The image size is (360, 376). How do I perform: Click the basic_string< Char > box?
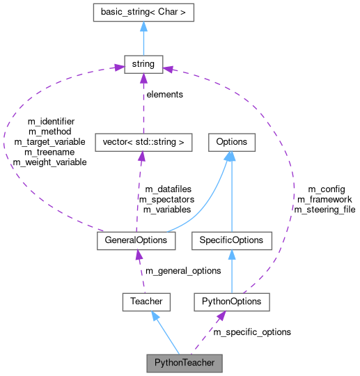pyautogui.click(x=143, y=12)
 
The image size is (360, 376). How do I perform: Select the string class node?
pyautogui.click(x=143, y=65)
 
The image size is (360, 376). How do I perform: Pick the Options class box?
pyautogui.click(x=231, y=142)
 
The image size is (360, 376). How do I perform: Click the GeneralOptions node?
pyautogui.click(x=136, y=240)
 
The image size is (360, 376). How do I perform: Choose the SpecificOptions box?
pyautogui.click(x=231, y=240)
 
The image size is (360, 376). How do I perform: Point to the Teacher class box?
pyautogui.click(x=146, y=301)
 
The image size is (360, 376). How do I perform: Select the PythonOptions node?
pyautogui.click(x=231, y=301)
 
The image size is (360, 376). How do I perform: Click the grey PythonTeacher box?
pyautogui.click(x=185, y=363)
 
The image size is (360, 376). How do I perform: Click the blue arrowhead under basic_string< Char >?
pyautogui.click(x=143, y=26)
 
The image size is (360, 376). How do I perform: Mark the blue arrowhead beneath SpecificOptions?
pyautogui.click(x=231, y=255)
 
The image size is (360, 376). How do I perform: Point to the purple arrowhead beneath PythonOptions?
pyautogui.click(x=221, y=316)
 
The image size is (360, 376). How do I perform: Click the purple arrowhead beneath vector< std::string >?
pyautogui.click(x=141, y=157)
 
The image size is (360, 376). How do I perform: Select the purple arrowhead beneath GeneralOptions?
pyautogui.click(x=139, y=255)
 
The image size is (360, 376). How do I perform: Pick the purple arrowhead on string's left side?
pyautogui.click(x=118, y=68)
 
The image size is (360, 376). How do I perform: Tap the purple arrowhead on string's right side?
pyautogui.click(x=168, y=68)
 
